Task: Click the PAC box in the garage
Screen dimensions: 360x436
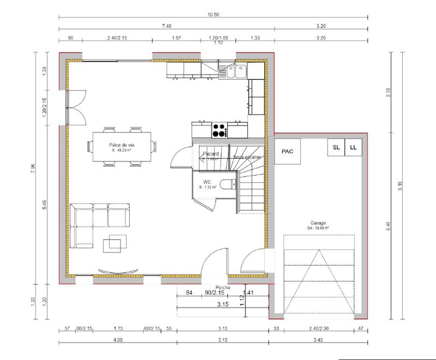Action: pos(287,152)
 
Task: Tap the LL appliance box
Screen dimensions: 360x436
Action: pos(353,147)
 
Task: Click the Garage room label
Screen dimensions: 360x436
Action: pos(318,224)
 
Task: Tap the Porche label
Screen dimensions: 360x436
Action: pos(222,287)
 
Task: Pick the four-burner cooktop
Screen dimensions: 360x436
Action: pos(220,130)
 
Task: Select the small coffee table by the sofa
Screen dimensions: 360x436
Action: pos(116,243)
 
